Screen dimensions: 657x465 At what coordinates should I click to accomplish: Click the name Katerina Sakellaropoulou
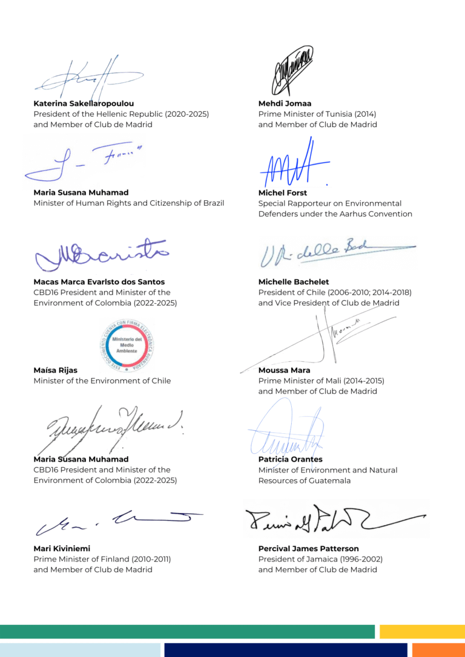(x=84, y=103)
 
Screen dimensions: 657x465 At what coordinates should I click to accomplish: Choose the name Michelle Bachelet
(x=294, y=281)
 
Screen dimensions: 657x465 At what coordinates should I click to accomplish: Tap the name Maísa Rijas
(x=55, y=370)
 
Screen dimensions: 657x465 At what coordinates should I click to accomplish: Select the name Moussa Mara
(x=284, y=370)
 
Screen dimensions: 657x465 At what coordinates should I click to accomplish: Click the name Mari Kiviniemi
(x=62, y=549)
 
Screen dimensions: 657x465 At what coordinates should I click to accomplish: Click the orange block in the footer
(x=438, y=650)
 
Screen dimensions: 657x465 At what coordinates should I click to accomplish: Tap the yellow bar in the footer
(x=422, y=632)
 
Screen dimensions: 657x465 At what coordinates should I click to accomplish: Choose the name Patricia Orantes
(x=290, y=459)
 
